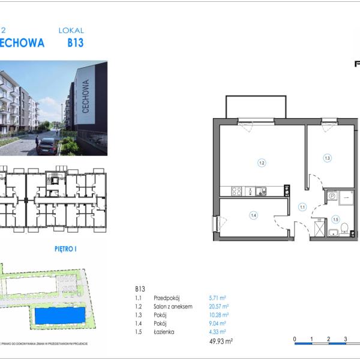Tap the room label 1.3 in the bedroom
click(x=327, y=159)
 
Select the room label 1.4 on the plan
click(x=254, y=215)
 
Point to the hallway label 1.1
click(x=302, y=208)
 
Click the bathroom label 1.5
click(x=335, y=219)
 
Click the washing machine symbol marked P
click(x=331, y=196)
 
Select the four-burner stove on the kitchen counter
click(x=237, y=192)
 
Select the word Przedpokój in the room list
click(x=167, y=298)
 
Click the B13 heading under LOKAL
click(x=75, y=43)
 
